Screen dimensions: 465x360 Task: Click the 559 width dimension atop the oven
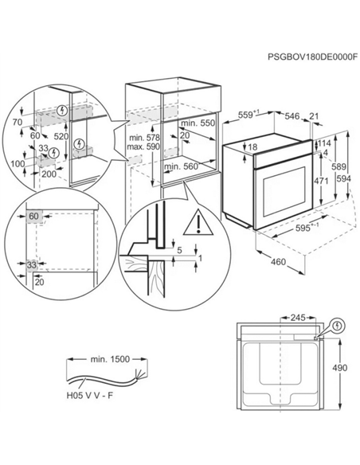point(250,116)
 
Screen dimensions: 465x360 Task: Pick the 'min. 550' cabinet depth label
point(198,125)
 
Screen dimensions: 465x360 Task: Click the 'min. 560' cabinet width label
point(182,167)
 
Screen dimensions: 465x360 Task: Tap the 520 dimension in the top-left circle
point(82,136)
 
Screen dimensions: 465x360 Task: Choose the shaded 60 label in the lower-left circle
point(34,216)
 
